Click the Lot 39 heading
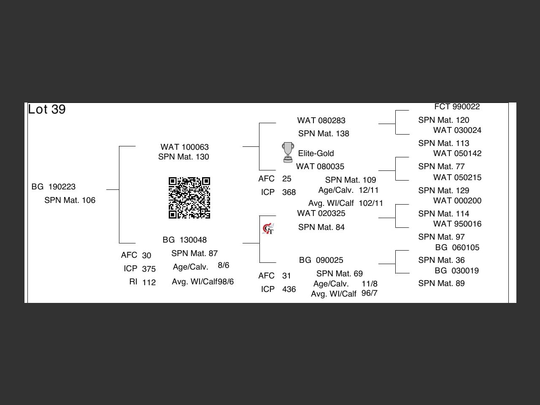[47, 110]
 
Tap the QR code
[189, 198]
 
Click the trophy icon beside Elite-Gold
[288, 152]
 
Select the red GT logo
[268, 229]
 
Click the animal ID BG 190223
[54, 187]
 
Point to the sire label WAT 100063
[184, 147]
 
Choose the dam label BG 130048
[184, 240]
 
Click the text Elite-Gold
[316, 154]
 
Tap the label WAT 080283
[321, 121]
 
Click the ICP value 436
[289, 289]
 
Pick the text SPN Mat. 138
[324, 134]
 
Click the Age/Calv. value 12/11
[369, 190]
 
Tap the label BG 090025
[321, 260]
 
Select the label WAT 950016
[457, 224]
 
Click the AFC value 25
[287, 179]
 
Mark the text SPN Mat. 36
[441, 260]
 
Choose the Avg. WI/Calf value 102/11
[371, 203]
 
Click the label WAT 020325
[321, 213]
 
